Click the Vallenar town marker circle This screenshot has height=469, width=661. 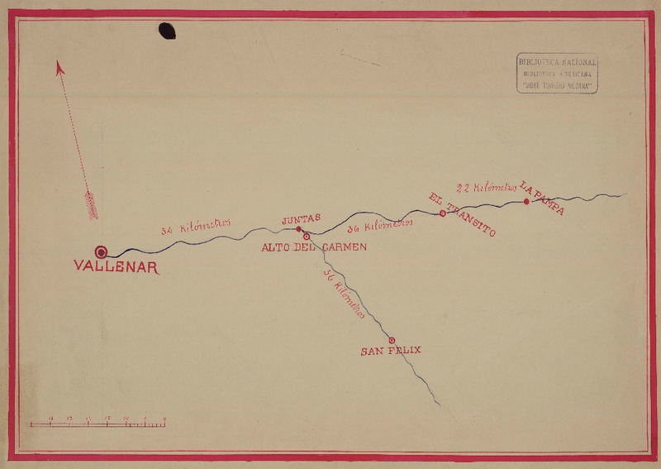click(102, 251)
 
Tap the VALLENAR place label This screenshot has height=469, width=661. click(116, 267)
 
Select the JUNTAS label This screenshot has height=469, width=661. click(301, 218)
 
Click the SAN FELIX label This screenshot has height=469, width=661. click(391, 351)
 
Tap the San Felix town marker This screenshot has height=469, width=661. click(392, 340)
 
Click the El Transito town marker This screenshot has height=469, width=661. click(443, 213)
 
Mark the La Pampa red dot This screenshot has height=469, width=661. click(526, 201)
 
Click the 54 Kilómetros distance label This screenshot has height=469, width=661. click(195, 227)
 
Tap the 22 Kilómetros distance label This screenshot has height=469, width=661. click(487, 188)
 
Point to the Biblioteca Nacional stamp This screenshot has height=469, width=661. click(557, 72)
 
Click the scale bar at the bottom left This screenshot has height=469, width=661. click(97, 424)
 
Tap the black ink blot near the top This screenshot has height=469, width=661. click(167, 31)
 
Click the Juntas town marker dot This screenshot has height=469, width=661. click(299, 228)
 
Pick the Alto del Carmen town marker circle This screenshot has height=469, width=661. click(306, 237)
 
